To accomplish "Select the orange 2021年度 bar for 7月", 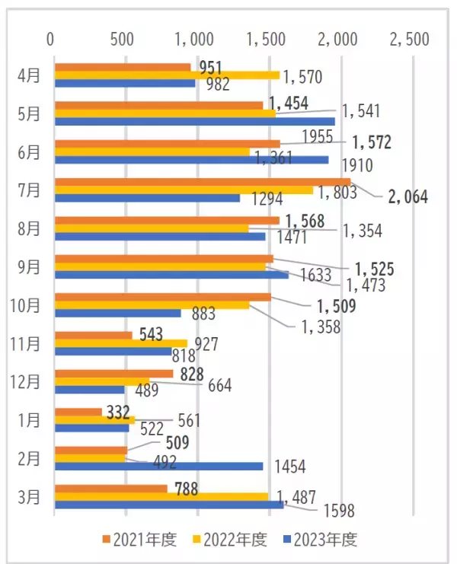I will [x=202, y=181].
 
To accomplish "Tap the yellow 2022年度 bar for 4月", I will [x=167, y=75].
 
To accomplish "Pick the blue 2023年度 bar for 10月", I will [x=117, y=313].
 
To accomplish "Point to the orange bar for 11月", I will [x=93, y=334].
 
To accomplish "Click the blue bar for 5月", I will [x=194, y=121].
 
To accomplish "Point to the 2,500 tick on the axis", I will [x=409, y=38].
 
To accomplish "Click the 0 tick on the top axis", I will [x=51, y=38].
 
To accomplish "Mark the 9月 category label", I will [x=29, y=266].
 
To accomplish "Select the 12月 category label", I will [x=27, y=381].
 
